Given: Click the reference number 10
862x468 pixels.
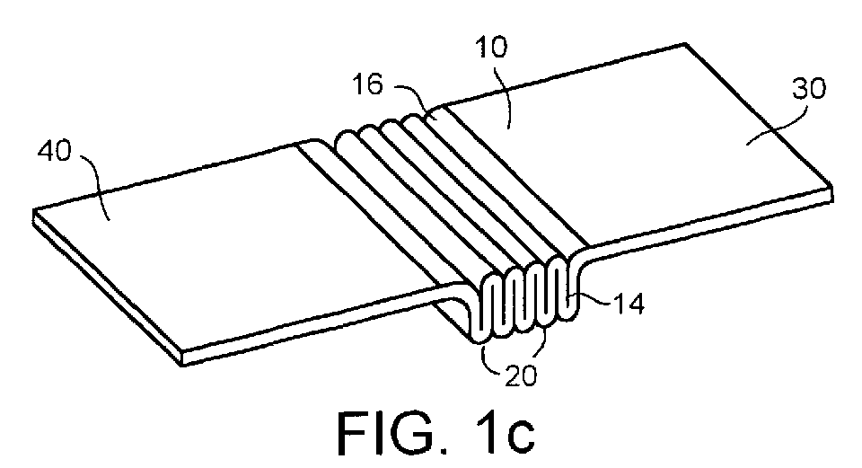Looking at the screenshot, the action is [491, 48].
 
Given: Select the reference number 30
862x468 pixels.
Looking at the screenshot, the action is [809, 89].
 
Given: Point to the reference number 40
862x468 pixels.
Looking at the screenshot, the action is [55, 151].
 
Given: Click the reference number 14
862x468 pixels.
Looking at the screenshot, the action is [628, 304].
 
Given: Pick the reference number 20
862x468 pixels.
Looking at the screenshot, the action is [520, 376].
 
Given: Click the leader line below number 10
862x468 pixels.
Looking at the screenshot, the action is [506, 94].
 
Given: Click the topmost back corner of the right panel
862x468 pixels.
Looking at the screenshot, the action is [685, 43].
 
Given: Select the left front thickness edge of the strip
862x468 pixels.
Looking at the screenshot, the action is [108, 287].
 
